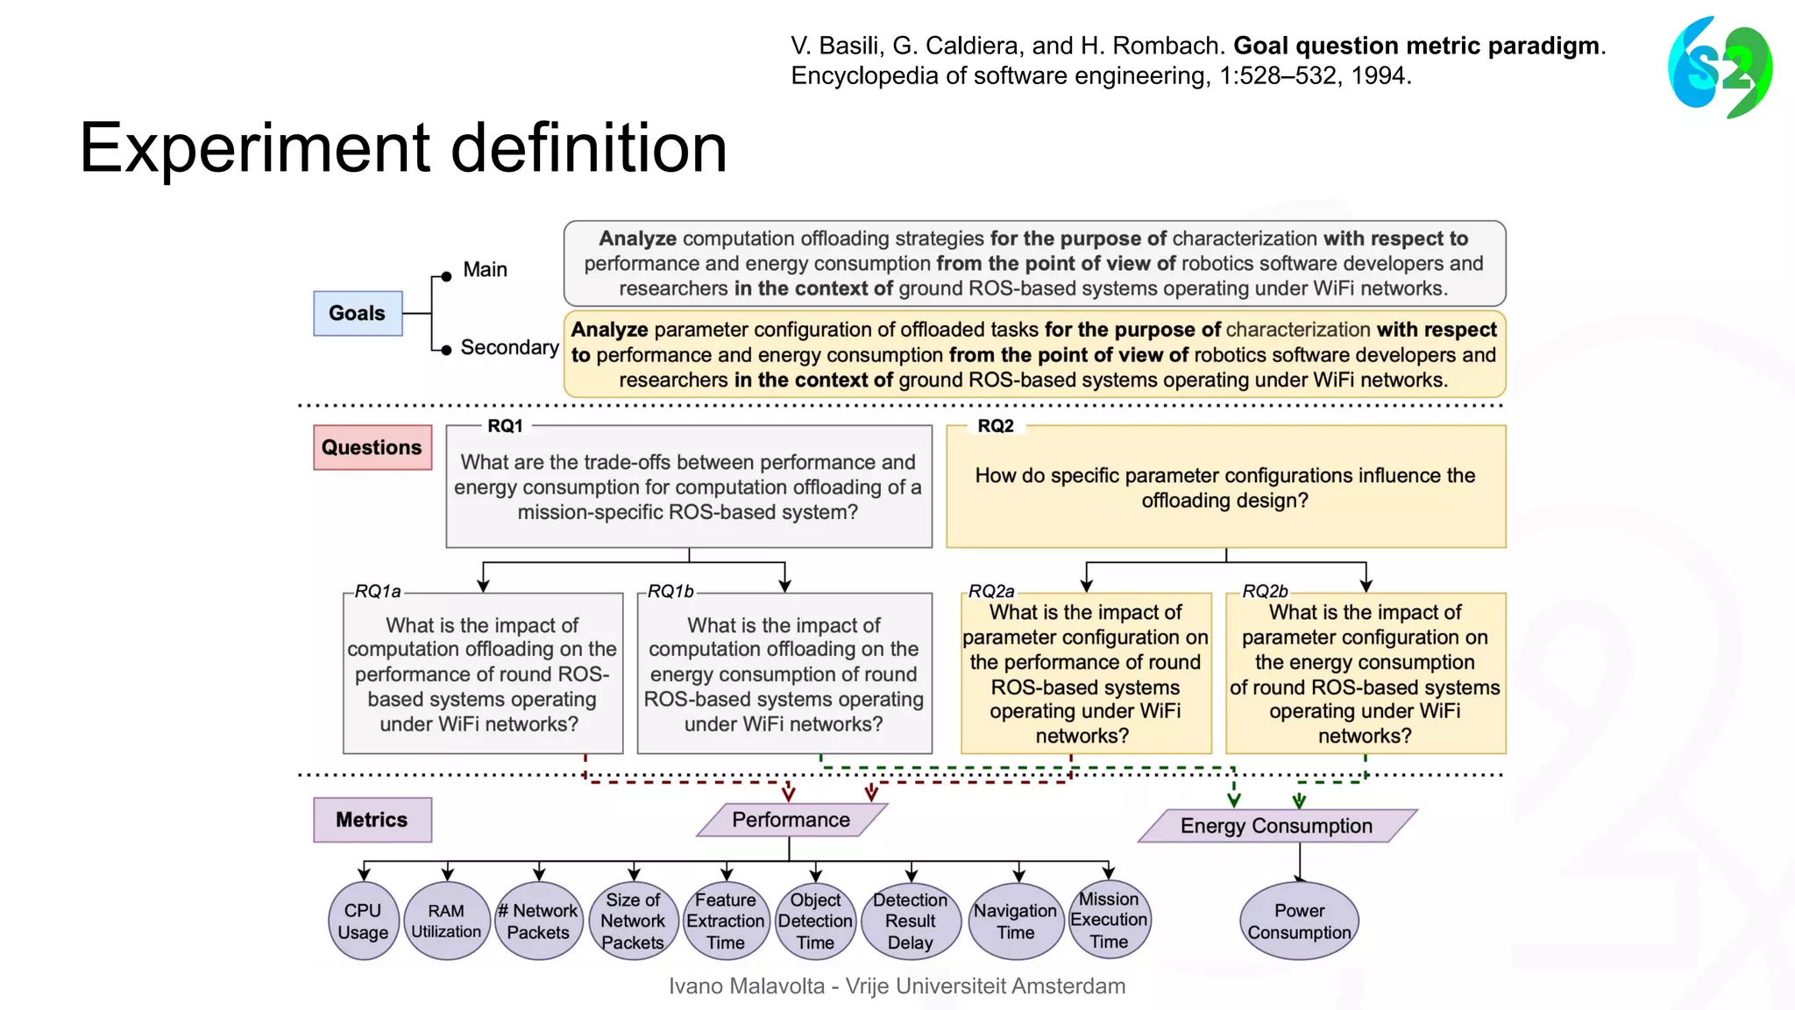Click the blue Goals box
(x=358, y=313)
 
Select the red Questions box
(x=372, y=447)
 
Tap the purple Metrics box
(x=372, y=820)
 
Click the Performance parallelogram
(x=791, y=820)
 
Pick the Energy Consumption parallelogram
(x=1276, y=826)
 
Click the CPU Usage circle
(x=363, y=921)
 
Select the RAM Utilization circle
(x=446, y=921)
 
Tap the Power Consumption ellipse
(x=1299, y=921)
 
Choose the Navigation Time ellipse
(x=1015, y=921)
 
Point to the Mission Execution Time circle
(x=1109, y=920)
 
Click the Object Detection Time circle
(x=815, y=921)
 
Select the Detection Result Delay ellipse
(x=910, y=921)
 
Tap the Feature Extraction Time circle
(x=726, y=921)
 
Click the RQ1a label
(x=378, y=592)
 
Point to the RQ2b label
(x=1265, y=592)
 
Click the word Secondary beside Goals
(x=509, y=347)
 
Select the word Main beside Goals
(x=485, y=269)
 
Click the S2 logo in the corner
(x=1720, y=68)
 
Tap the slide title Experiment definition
(x=403, y=147)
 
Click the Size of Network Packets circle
(x=633, y=921)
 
